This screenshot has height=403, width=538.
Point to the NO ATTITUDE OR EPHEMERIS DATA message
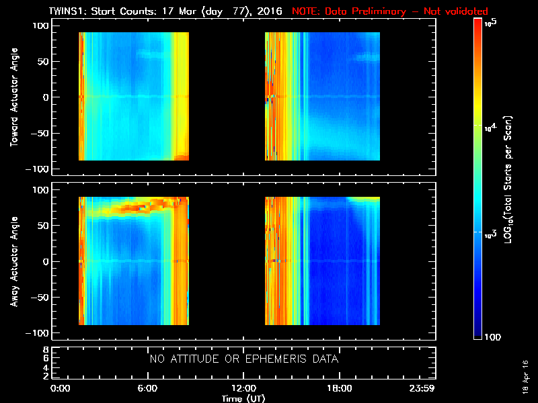243,359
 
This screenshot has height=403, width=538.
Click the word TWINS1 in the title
66,11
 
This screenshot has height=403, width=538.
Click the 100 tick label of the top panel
41,26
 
